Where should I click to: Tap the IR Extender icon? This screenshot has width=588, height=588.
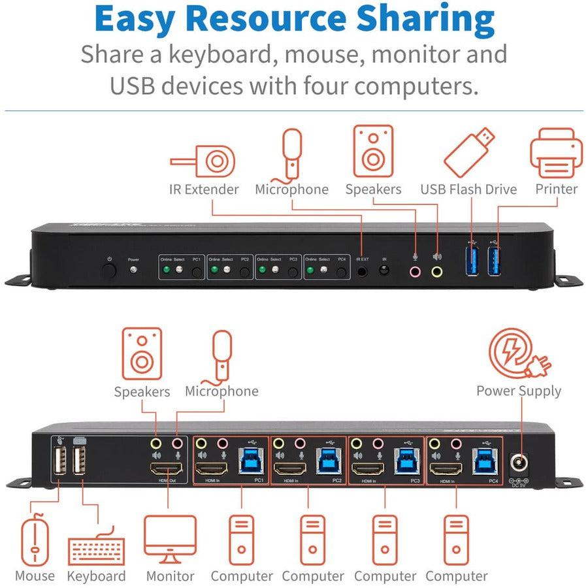(203, 161)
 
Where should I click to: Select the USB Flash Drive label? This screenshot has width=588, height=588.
(468, 189)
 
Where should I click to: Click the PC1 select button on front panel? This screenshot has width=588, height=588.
(197, 269)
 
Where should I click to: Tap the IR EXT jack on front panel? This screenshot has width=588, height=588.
(363, 269)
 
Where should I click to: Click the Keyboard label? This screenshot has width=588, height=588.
(97, 576)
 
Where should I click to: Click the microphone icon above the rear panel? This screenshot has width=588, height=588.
(221, 356)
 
